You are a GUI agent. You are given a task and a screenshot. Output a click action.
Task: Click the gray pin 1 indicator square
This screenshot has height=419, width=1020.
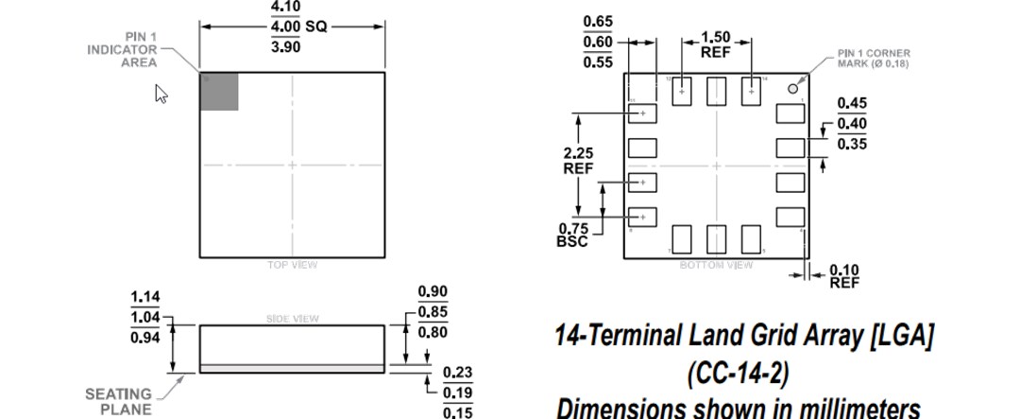click(x=219, y=92)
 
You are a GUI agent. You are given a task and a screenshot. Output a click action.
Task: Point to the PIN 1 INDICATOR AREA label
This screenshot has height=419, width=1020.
click(x=122, y=50)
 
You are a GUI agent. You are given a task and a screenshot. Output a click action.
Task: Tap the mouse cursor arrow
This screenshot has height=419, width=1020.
click(x=161, y=94)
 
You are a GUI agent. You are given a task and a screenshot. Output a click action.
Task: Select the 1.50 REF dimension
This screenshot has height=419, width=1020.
click(x=715, y=44)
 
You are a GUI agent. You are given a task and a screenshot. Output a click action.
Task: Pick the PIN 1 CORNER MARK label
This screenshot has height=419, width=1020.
click(x=874, y=59)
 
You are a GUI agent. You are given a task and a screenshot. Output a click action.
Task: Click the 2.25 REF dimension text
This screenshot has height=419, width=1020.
click(x=578, y=160)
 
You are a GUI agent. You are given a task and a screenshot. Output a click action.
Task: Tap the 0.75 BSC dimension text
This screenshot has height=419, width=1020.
click(x=573, y=235)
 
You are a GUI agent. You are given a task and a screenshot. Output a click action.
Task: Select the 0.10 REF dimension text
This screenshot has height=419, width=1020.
click(x=844, y=276)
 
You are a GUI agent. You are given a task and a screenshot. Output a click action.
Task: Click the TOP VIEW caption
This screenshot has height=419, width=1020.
click(x=292, y=265)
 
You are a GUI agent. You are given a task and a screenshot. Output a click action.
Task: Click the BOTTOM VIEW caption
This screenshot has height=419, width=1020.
click(x=716, y=265)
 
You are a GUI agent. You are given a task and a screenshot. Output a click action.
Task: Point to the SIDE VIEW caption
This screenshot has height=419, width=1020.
click(x=292, y=319)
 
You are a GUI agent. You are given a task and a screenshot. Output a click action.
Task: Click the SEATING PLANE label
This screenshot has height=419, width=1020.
click(x=118, y=401)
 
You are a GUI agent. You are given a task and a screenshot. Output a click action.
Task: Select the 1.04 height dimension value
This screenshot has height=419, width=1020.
click(x=145, y=318)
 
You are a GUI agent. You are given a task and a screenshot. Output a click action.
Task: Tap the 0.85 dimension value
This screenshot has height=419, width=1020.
click(x=433, y=312)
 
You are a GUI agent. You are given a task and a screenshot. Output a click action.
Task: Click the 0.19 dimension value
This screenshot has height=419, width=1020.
click(x=457, y=393)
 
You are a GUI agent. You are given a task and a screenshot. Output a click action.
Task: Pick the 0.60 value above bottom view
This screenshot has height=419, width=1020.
click(x=598, y=42)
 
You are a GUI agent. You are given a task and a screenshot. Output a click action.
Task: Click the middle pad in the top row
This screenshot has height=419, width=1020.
click(x=716, y=91)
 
